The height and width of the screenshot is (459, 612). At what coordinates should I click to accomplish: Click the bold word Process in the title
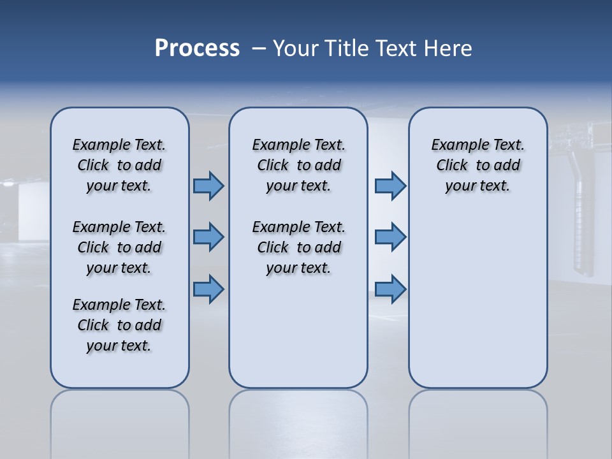tap(197, 48)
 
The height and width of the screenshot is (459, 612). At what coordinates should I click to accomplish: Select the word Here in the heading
tap(449, 48)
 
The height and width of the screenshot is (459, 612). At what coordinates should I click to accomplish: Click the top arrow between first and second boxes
tap(208, 186)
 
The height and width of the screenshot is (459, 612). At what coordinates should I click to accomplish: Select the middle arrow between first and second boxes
tap(208, 237)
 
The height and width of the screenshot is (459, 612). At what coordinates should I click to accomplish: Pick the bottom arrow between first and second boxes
tap(208, 289)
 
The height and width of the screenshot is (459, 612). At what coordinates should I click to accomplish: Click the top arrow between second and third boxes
tap(390, 186)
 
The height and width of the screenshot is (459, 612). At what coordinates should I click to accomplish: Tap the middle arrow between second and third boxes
tap(390, 237)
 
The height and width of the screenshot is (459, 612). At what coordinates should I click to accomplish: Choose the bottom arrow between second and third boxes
tap(390, 289)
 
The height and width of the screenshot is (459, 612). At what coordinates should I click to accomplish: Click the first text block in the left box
tap(119, 165)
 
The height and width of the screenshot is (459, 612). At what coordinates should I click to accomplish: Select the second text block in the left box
tap(119, 247)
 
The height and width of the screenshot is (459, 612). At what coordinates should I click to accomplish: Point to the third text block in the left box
tap(119, 325)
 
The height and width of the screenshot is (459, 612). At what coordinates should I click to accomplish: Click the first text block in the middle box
tap(298, 165)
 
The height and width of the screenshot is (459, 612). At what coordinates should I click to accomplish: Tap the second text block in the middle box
tap(298, 247)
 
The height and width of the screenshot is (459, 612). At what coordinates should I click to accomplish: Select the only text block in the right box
tap(477, 165)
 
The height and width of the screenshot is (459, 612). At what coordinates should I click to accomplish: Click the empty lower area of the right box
tap(477, 300)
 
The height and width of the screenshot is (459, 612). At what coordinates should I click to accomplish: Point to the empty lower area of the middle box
tap(298, 331)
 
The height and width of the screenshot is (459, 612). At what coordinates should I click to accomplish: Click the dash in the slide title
tap(259, 48)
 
